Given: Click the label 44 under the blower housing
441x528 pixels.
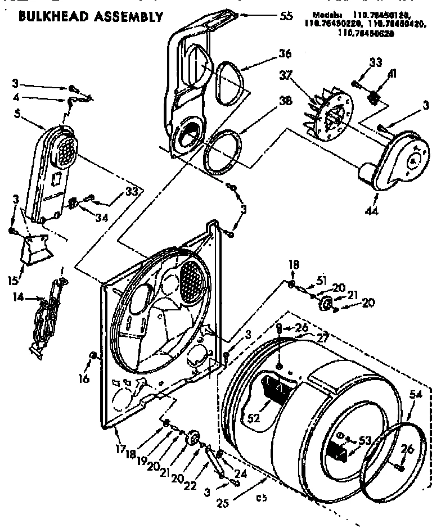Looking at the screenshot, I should pos(372,211).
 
